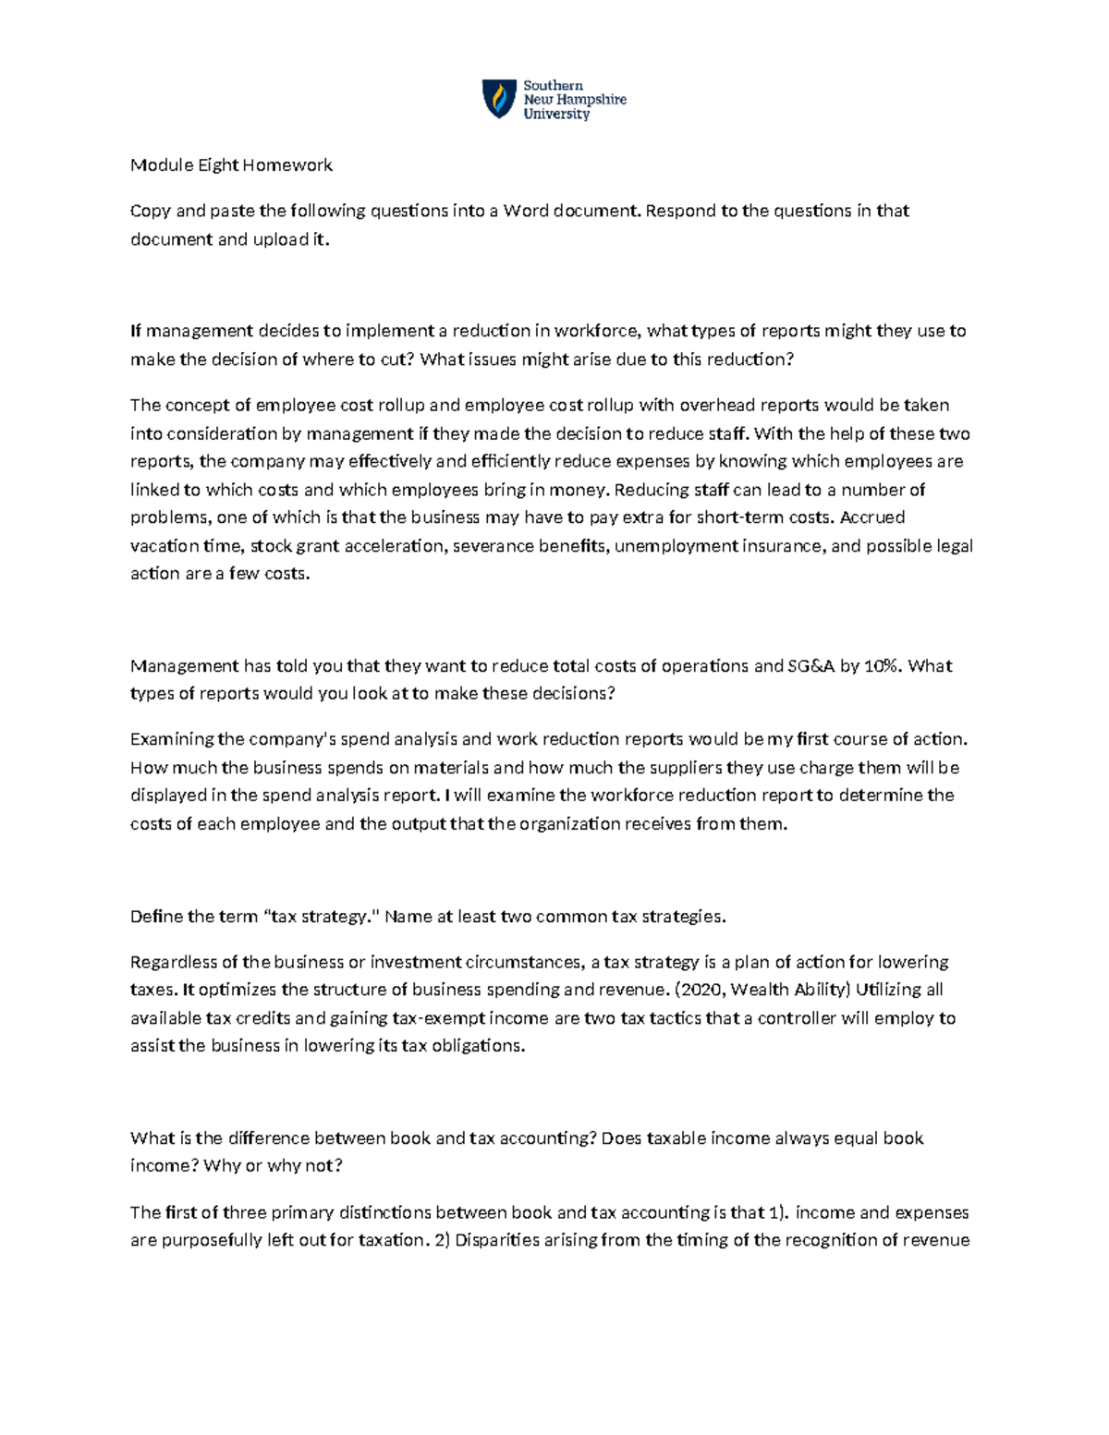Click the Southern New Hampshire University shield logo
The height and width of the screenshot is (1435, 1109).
pos(499,99)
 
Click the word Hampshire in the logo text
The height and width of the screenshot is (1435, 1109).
pos(591,100)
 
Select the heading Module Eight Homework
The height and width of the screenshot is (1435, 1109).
pos(231,165)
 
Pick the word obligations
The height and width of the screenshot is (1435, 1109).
pos(479,1046)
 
